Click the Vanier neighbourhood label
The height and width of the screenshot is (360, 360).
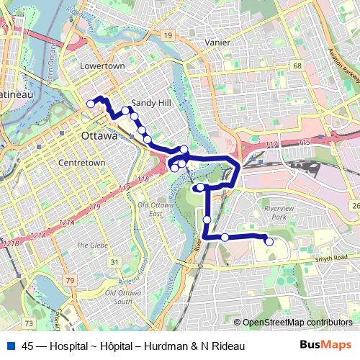click(x=217, y=42)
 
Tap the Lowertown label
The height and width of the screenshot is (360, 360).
click(x=102, y=66)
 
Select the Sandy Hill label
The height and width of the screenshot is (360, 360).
click(x=150, y=103)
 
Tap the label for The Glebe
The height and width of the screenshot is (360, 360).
click(x=92, y=245)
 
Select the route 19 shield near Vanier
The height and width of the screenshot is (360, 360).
click(x=167, y=35)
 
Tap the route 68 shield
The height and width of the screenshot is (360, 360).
click(x=297, y=66)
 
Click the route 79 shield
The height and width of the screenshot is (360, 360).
click(x=69, y=279)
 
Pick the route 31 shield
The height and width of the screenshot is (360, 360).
click(x=114, y=261)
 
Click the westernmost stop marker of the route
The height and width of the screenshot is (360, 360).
click(x=91, y=104)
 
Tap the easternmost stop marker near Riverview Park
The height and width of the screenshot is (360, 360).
click(x=269, y=242)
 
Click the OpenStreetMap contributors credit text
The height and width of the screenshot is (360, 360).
click(x=297, y=323)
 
